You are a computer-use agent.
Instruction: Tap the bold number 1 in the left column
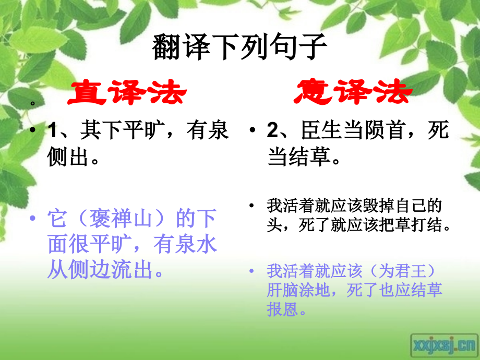(x=52, y=130)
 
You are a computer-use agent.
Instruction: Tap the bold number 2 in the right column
(x=272, y=130)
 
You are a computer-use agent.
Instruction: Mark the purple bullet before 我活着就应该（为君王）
(x=253, y=271)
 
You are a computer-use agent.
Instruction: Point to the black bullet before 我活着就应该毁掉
(x=253, y=204)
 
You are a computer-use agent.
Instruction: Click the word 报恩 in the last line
(x=280, y=309)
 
